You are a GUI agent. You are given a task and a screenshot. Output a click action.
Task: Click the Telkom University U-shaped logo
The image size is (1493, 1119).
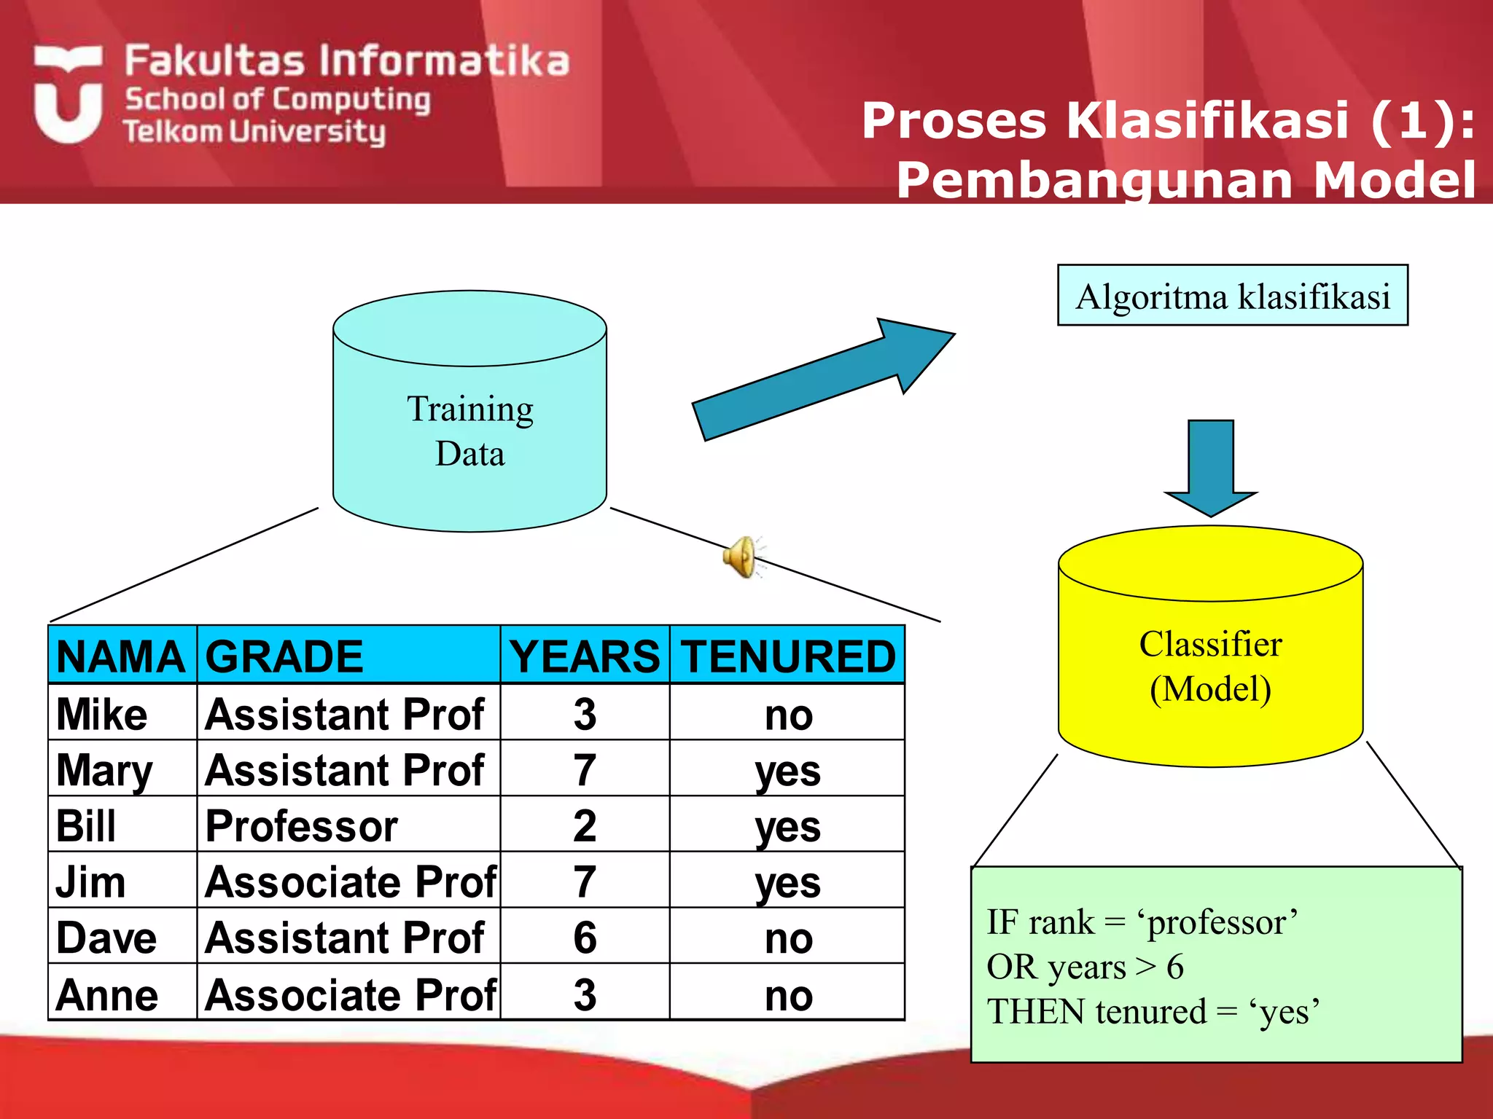click(x=68, y=95)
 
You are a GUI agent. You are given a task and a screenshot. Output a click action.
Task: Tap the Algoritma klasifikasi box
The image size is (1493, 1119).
click(x=1232, y=296)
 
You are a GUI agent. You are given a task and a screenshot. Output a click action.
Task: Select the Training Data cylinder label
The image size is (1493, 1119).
click(x=470, y=431)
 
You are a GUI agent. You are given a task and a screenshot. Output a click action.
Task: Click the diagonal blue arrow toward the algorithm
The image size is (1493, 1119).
click(x=824, y=379)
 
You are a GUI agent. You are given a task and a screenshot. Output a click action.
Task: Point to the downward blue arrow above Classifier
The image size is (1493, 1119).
click(x=1210, y=466)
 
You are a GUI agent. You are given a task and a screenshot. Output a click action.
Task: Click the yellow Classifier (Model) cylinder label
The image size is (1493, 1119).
click(x=1210, y=666)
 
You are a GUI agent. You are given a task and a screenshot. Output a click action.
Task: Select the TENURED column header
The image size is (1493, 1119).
click(x=787, y=656)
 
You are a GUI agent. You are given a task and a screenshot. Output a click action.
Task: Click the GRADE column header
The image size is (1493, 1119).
click(x=284, y=656)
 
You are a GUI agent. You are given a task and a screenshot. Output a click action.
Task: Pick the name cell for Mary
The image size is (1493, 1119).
click(x=104, y=770)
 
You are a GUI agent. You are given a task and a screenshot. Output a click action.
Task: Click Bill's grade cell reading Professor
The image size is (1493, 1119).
click(x=301, y=826)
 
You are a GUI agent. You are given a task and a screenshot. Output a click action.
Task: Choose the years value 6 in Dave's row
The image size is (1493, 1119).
click(x=585, y=938)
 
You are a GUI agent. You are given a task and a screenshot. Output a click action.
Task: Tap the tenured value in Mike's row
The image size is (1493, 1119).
click(x=788, y=715)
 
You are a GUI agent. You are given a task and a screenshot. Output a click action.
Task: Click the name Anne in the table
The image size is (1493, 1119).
click(x=107, y=994)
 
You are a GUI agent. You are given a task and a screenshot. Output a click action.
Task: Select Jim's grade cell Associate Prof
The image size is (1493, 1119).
click(x=350, y=882)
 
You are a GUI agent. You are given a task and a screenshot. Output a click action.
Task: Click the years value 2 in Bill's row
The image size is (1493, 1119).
click(x=585, y=826)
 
